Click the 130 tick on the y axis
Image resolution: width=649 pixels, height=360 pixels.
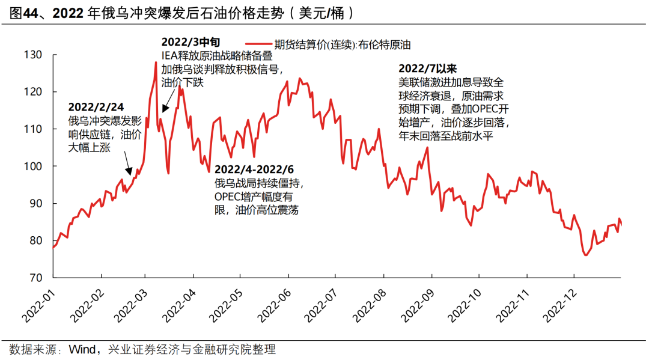coord(34,55)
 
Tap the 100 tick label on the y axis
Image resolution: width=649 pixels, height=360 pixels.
coord(34,166)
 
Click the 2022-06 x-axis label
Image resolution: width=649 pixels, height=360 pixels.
coord(273,304)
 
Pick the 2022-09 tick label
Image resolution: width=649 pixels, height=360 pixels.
coord(415,304)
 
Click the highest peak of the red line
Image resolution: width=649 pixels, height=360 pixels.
coord(156,62)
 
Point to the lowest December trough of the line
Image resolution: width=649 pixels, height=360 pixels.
coord(585,255)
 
